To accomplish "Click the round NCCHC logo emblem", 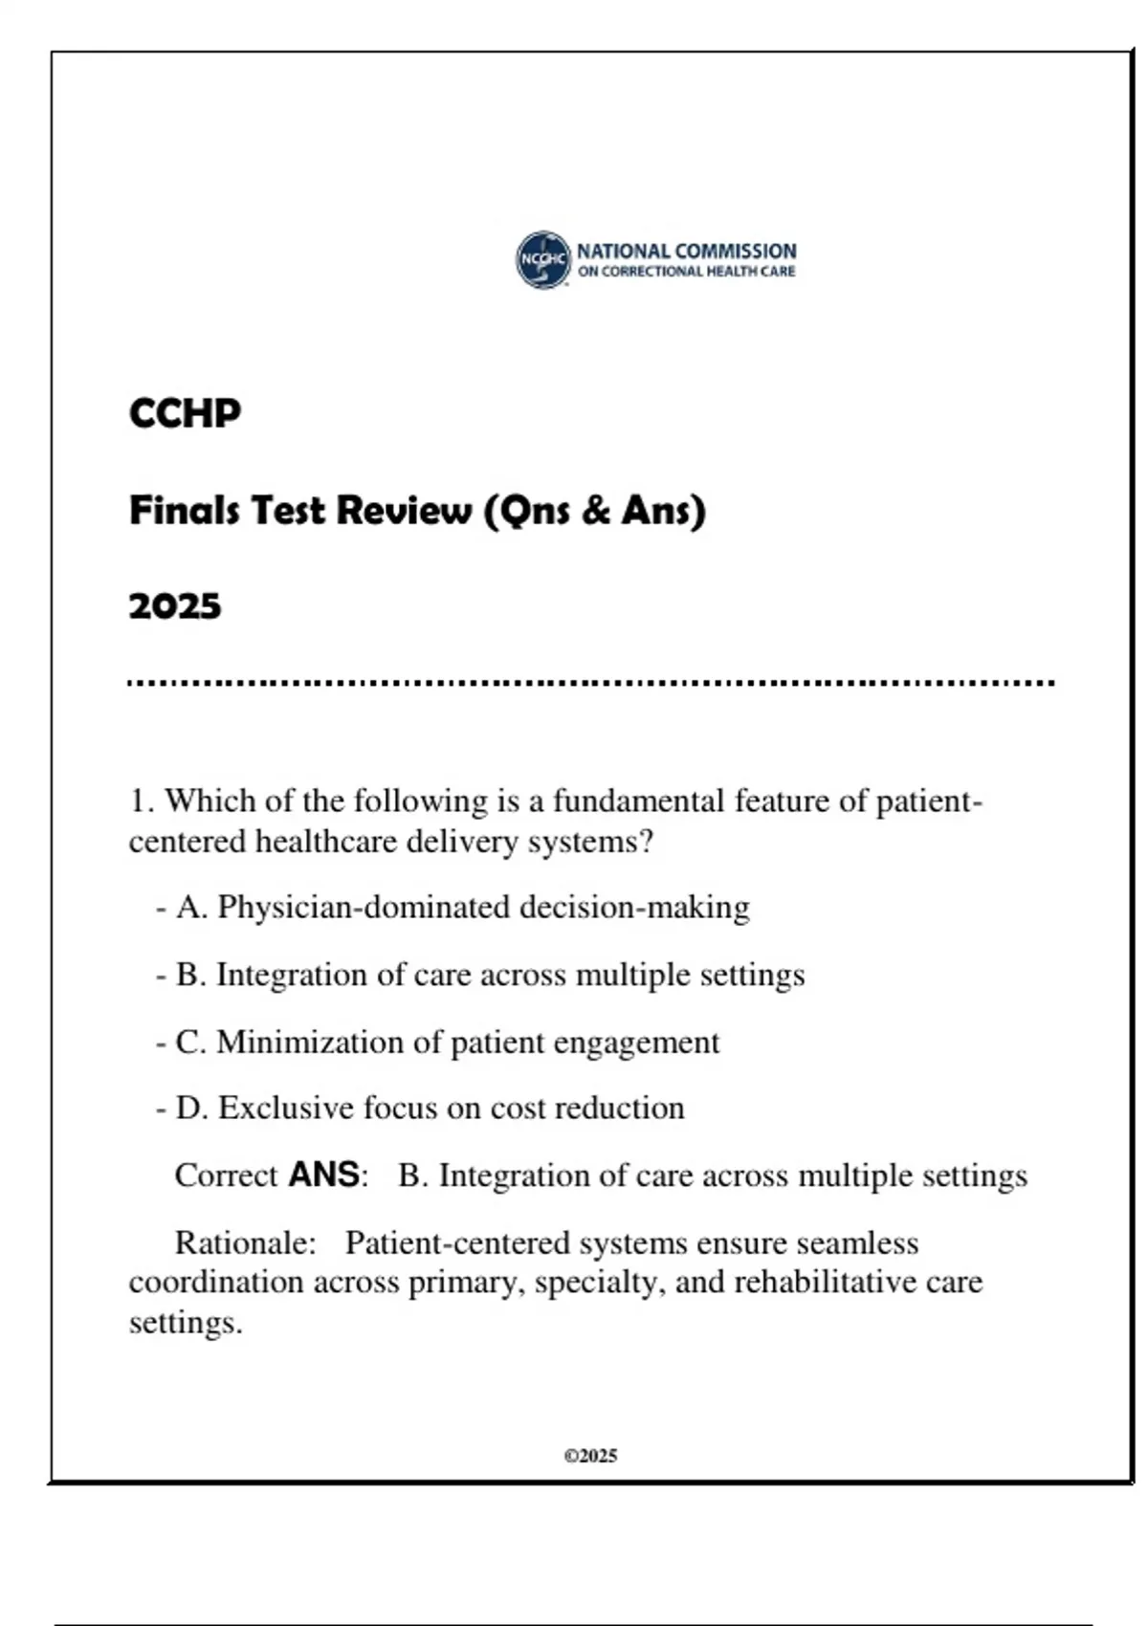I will coord(543,259).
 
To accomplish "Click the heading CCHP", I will coord(185,413).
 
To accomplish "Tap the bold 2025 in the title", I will coord(175,605).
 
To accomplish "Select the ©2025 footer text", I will coord(590,1456).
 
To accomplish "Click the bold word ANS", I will coord(324,1175).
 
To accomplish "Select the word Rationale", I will coord(245,1242).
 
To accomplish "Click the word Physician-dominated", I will coord(364,907).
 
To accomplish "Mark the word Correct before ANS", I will coord(226,1175).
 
